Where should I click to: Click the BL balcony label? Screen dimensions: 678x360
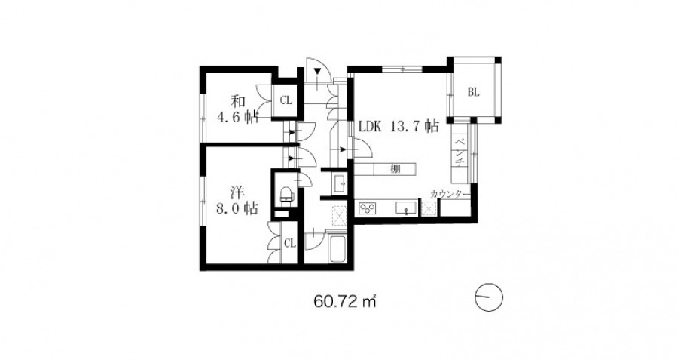click(474, 92)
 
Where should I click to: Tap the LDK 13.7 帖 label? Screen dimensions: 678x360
click(399, 127)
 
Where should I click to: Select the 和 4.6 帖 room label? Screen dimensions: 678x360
click(237, 109)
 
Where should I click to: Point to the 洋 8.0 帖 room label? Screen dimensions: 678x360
click(237, 200)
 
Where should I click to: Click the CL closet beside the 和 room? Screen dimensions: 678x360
click(286, 100)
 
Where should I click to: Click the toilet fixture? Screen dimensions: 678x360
click(286, 194)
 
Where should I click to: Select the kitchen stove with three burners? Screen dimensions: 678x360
click(368, 208)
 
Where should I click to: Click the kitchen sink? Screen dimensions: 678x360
click(407, 208)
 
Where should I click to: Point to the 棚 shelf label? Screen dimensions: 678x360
click(395, 169)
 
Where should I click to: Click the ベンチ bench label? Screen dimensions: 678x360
click(460, 151)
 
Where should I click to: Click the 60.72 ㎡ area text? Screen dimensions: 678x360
click(344, 300)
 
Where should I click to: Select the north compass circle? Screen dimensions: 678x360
click(489, 297)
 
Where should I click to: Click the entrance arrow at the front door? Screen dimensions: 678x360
click(318, 72)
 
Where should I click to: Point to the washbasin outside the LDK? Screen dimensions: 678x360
click(340, 183)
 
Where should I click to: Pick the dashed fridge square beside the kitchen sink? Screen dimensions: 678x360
click(428, 209)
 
